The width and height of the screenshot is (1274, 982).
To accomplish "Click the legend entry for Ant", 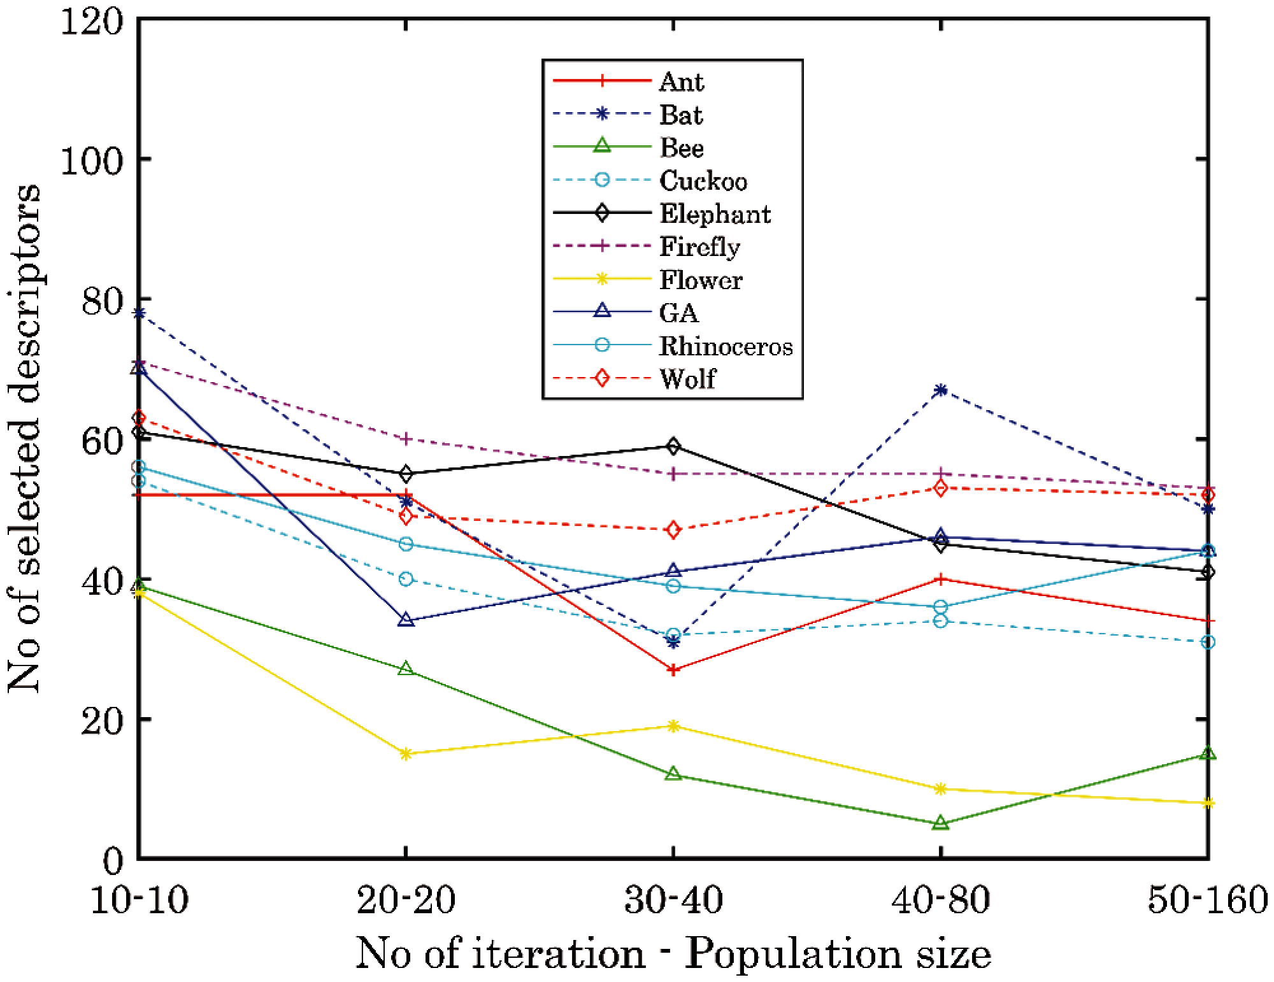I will pos(682,82).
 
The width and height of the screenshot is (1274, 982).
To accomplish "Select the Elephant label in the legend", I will pos(715,214).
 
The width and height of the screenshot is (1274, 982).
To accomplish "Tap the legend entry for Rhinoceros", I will pos(726,346).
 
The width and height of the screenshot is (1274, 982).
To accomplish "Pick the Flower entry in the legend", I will pos(701,280).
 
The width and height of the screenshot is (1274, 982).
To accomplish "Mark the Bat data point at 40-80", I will pos(941,390).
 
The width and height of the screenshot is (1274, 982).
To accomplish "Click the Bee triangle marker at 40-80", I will pos(941,823).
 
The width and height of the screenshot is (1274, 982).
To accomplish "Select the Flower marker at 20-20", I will pos(406,754).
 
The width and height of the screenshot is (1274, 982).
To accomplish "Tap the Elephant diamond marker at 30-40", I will pos(673,446).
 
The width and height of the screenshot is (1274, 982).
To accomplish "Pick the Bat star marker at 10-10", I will pos(139,313).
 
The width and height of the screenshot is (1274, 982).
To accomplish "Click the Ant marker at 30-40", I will pos(673,669).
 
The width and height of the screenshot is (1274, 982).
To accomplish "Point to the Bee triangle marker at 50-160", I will pos(1208,754).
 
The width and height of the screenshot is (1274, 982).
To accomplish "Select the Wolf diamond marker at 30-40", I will pos(673,530).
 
